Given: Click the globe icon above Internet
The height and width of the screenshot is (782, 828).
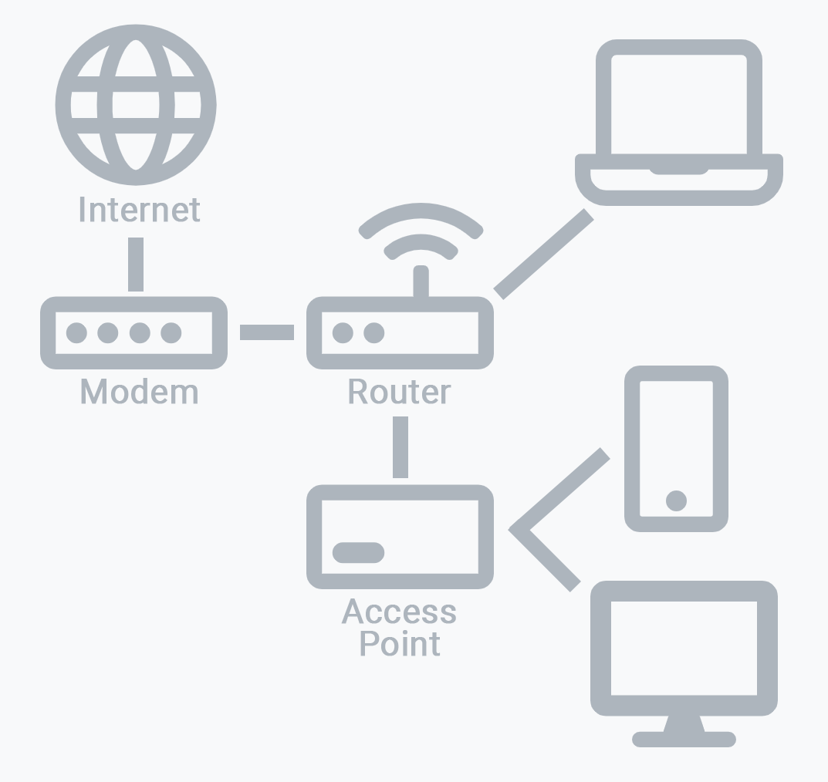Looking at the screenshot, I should [136, 105].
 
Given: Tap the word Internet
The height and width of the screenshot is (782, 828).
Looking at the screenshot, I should [139, 209].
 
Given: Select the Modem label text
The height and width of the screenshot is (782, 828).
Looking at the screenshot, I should [139, 392].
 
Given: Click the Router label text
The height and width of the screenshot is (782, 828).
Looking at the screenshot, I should [399, 392].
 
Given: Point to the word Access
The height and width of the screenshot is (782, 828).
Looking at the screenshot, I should [399, 612].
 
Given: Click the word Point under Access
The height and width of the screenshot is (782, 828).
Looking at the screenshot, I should [400, 643].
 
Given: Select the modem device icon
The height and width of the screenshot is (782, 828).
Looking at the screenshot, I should [133, 333].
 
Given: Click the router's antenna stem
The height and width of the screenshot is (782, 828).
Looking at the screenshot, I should [421, 281].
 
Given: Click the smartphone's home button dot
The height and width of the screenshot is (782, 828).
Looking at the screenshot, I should [676, 501].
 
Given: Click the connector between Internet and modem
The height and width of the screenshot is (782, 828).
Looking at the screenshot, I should [136, 264].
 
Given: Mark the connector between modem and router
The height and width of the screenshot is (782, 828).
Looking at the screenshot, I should [267, 332].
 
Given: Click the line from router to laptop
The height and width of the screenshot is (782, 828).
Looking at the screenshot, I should [543, 254].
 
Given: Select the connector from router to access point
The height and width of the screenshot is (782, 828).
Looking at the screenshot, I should [400, 447].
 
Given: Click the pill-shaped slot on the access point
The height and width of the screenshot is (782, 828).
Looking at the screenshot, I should [358, 553].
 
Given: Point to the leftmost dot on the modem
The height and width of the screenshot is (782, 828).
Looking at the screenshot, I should [76, 333].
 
